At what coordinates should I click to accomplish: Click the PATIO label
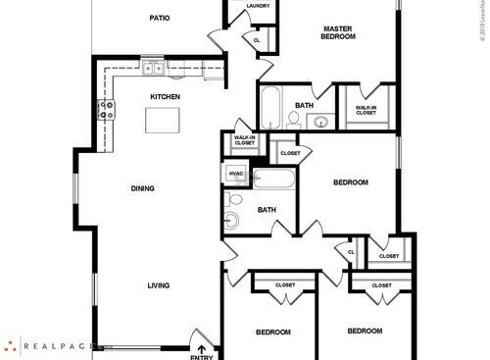pyautogui.click(x=160, y=18)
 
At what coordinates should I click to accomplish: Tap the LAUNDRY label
pyautogui.click(x=259, y=6)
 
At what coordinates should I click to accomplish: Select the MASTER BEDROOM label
pyautogui.click(x=338, y=31)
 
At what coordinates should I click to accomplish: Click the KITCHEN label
pyautogui.click(x=165, y=96)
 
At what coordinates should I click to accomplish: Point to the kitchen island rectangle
pyautogui.click(x=164, y=120)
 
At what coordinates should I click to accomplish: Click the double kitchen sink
pyautogui.click(x=152, y=69)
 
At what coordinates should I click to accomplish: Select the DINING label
pyautogui.click(x=144, y=188)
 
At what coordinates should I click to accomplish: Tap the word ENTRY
pyautogui.click(x=202, y=356)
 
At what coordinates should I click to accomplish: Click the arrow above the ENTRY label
pyautogui.click(x=202, y=345)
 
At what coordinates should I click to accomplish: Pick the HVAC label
pyautogui.click(x=235, y=175)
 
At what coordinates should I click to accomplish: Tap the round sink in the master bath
pyautogui.click(x=320, y=123)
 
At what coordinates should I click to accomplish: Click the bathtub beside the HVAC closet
pyautogui.click(x=273, y=180)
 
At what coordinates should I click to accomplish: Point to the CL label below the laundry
pyautogui.click(x=257, y=40)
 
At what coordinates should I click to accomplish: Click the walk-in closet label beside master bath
pyautogui.click(x=366, y=110)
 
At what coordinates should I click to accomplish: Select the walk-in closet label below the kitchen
pyautogui.click(x=244, y=140)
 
